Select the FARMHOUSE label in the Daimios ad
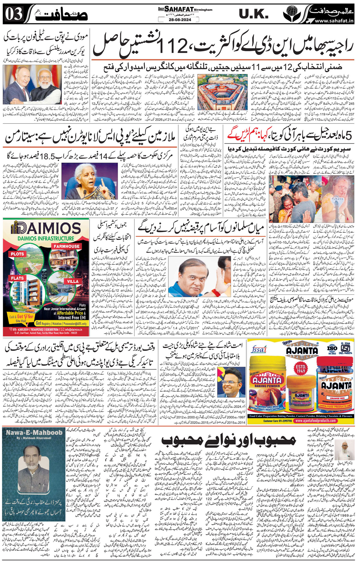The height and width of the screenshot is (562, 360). click(67, 246)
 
